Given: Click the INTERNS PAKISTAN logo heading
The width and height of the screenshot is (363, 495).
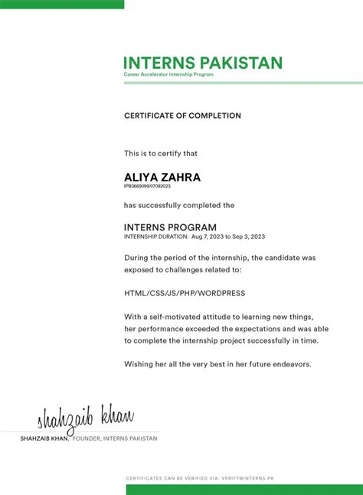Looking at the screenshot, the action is pos(203,63).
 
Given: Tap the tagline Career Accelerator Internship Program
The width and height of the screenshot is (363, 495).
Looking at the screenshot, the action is pos(168,74).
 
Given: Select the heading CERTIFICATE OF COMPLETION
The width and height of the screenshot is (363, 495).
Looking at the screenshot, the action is pos(182,116).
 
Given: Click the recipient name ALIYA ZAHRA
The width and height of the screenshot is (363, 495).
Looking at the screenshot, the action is pos(162,177).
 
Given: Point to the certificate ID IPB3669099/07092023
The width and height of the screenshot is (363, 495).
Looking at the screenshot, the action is pos(147,186).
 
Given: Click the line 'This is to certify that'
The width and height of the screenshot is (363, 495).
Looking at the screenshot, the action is pos(161,154).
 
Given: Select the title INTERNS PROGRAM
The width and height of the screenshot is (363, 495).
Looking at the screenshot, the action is pos(170,227).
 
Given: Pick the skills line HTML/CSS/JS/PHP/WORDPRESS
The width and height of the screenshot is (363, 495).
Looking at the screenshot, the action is pos(185,293).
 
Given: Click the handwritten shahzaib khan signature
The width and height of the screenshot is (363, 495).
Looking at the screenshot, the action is pos(85,419).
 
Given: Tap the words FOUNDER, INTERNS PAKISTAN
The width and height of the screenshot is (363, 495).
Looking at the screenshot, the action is pos(115,438).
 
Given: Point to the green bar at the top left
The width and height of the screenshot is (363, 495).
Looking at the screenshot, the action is pos(61,4).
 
